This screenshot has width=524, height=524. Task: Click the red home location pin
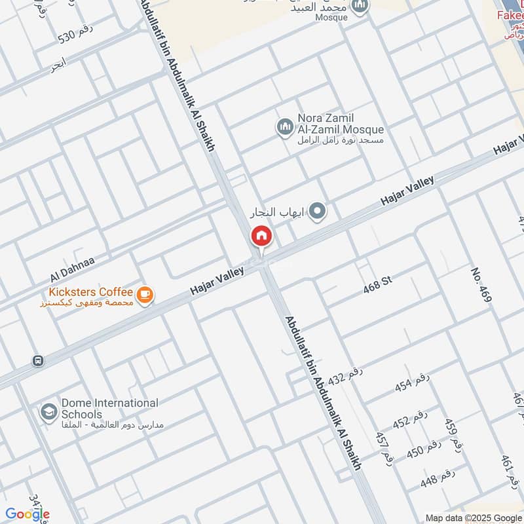click(x=261, y=236)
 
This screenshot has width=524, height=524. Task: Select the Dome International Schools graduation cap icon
click(x=48, y=412)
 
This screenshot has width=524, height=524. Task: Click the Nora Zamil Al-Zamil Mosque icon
click(x=285, y=127)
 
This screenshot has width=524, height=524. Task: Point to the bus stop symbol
click(x=38, y=360)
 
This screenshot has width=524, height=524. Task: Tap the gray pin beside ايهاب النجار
click(x=318, y=211)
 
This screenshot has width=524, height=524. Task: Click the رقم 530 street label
click(x=76, y=33)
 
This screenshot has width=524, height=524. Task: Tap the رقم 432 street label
click(x=345, y=377)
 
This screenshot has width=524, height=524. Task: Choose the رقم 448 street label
click(x=437, y=479)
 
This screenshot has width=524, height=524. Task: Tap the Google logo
click(x=28, y=515)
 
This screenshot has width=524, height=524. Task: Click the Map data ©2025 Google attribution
click(x=473, y=517)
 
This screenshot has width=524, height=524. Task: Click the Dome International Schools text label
click(x=109, y=409)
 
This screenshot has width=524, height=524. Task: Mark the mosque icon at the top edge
click(x=360, y=7)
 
